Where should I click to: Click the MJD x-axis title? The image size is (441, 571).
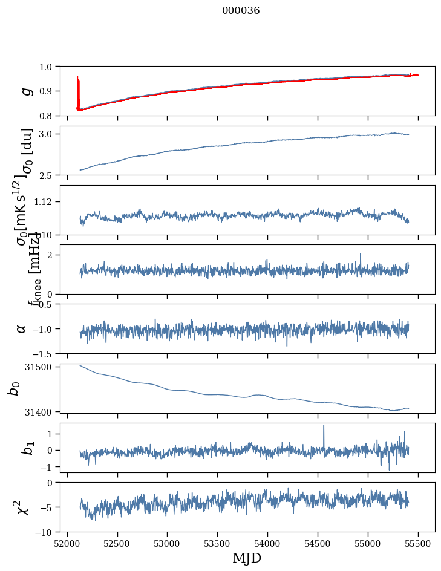(x=247, y=558)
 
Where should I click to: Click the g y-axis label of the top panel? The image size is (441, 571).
(x=25, y=91)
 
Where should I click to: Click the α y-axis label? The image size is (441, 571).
(x=22, y=328)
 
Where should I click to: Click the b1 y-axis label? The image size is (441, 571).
(x=24, y=448)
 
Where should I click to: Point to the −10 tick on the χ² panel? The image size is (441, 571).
(x=48, y=532)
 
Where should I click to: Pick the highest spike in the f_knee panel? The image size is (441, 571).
(x=361, y=255)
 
